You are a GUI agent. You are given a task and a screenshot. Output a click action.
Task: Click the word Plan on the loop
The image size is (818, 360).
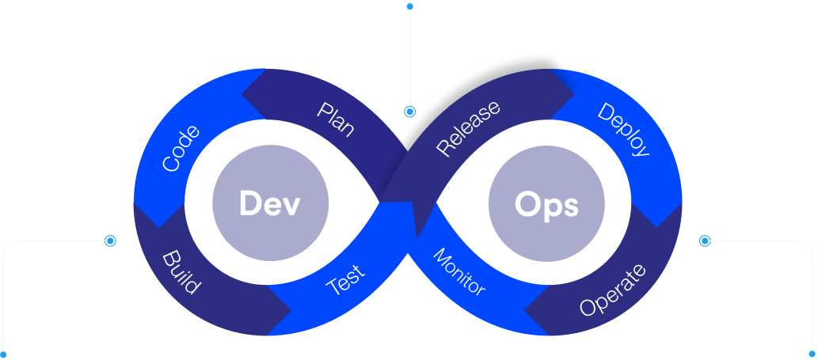tap(336, 119)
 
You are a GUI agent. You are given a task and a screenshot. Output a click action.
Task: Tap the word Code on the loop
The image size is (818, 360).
tap(181, 148)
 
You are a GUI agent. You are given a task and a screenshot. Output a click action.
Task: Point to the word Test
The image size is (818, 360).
tap(346, 280)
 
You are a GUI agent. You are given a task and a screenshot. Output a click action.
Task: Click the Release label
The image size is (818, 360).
tap(469, 127)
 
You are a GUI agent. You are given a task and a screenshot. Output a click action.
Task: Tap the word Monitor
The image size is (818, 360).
tap(458, 271)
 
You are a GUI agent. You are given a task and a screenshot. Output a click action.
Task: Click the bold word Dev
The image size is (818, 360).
tap(270, 204)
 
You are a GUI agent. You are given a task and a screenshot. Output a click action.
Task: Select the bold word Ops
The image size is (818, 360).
tap(546, 205)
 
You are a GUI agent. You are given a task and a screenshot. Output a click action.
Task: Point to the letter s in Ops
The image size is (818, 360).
tap(570, 207)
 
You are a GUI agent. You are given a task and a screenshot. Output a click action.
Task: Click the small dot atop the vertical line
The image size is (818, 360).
tap(409, 6)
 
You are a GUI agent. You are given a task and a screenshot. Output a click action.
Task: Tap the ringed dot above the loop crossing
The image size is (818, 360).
tap(409, 112)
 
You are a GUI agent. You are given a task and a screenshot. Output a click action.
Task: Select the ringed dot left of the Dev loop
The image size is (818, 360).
tap(110, 240)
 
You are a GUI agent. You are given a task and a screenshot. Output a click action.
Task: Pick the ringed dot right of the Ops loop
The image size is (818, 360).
tap(706, 240)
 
